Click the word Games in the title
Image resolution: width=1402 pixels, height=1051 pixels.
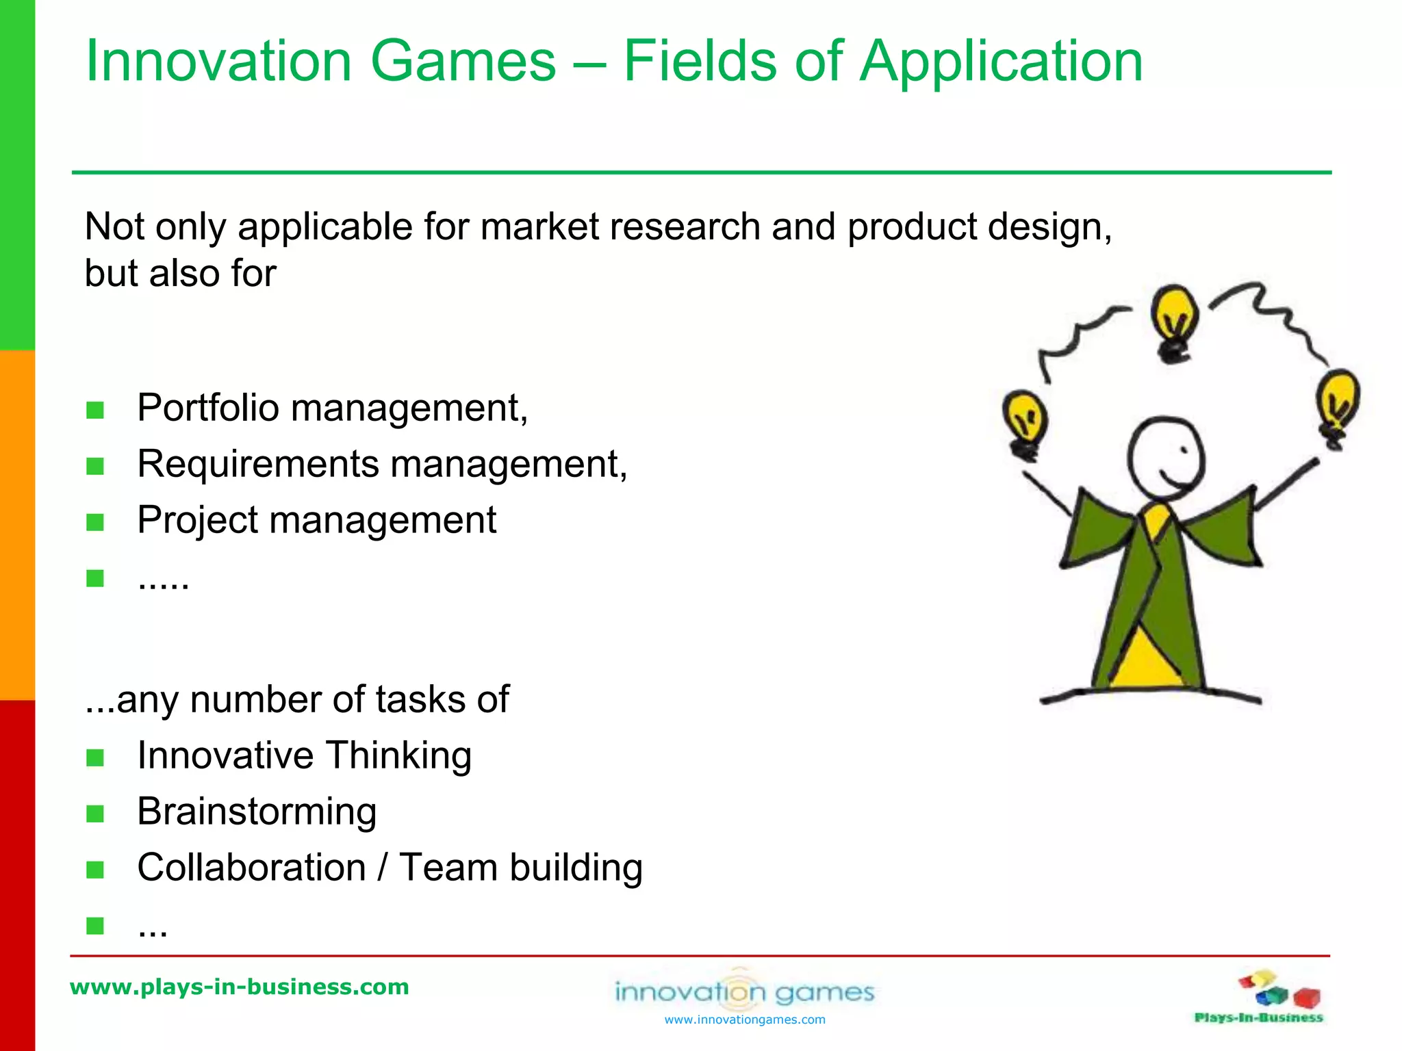coord(463,62)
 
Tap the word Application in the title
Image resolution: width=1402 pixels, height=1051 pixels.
coord(1001,62)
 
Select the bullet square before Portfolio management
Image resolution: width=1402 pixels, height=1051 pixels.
coord(95,411)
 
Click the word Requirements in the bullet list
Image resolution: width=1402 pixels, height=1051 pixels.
coord(258,464)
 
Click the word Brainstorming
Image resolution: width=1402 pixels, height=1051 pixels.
coord(257,812)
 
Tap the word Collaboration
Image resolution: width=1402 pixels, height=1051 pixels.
coord(251,868)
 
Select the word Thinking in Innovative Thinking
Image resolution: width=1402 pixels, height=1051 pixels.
coord(398,755)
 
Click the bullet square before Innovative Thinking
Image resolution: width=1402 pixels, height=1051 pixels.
coord(95,757)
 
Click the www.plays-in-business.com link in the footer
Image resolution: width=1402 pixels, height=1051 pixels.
coord(240,987)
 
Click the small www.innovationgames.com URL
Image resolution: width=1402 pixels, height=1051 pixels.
coord(745,1020)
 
